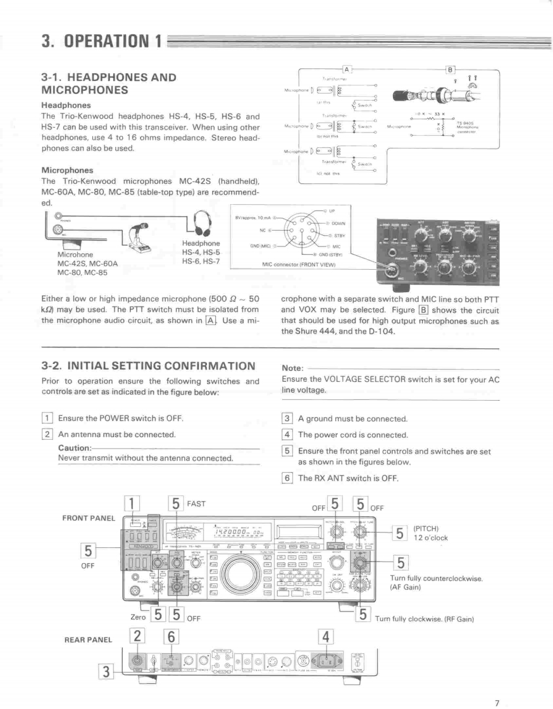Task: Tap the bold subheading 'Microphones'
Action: coord(66,170)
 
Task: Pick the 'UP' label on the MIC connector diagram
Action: coord(333,210)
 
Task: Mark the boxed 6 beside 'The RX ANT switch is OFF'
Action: coord(287,478)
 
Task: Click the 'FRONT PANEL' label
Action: coord(88,518)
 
